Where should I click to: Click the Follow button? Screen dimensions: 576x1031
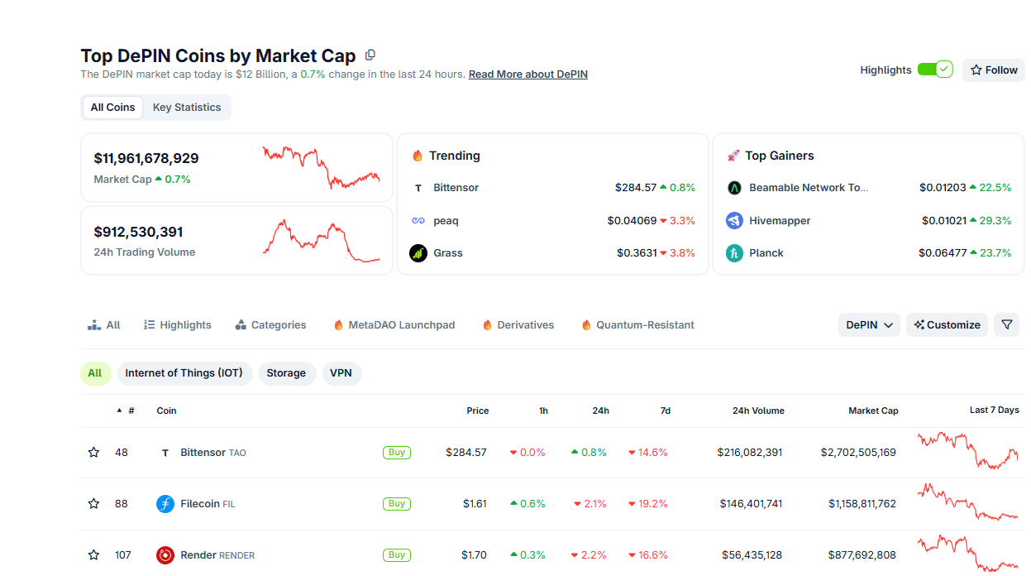(x=993, y=70)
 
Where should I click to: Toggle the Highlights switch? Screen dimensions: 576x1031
(x=935, y=70)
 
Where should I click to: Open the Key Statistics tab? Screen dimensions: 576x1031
(x=187, y=108)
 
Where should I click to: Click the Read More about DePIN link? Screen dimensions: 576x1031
(x=527, y=74)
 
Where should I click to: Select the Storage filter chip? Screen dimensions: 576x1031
(x=286, y=373)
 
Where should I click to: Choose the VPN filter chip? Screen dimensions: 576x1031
(x=341, y=373)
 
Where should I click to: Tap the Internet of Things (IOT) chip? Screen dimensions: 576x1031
(x=184, y=373)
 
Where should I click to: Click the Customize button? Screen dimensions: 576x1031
(x=947, y=325)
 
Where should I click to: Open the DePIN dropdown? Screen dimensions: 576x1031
(x=869, y=325)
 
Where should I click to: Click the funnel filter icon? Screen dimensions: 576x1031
(x=1006, y=325)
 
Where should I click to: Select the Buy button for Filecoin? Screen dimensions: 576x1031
(x=397, y=504)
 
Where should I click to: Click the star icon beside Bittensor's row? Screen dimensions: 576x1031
(x=93, y=453)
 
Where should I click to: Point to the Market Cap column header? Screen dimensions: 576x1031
(x=873, y=410)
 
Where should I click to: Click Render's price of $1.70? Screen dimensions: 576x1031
(x=474, y=555)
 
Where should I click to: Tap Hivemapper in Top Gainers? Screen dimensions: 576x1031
(x=780, y=221)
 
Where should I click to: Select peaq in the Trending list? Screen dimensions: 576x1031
(x=446, y=221)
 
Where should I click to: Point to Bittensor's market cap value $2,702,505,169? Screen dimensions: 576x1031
(x=858, y=453)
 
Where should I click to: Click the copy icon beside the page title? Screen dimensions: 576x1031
(x=370, y=55)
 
